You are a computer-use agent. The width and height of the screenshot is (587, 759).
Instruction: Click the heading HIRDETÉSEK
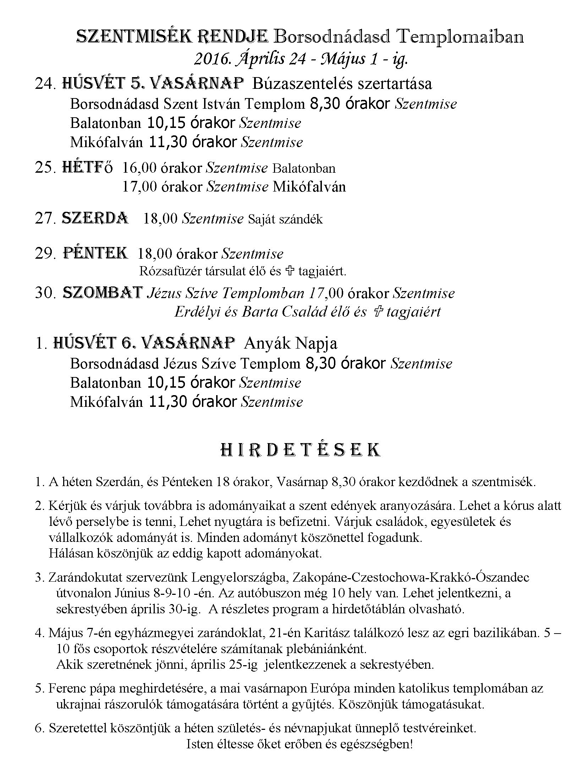[x=300, y=450]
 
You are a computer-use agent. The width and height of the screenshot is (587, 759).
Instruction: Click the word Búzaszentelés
[x=302, y=84]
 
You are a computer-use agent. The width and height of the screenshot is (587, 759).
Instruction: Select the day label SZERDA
[x=95, y=219]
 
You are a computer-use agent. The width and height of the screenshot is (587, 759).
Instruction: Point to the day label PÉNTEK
[x=95, y=253]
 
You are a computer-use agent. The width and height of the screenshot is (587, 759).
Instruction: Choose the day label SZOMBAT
[x=103, y=293]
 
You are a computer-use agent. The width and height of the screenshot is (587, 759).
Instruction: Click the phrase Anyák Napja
[x=291, y=343]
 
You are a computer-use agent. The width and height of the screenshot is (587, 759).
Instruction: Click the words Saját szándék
[x=285, y=219]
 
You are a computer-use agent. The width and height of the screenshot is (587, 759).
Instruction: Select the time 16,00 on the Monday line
[x=139, y=168]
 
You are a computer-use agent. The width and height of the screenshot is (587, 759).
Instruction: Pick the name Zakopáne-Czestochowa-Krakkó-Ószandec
[x=411, y=577]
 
